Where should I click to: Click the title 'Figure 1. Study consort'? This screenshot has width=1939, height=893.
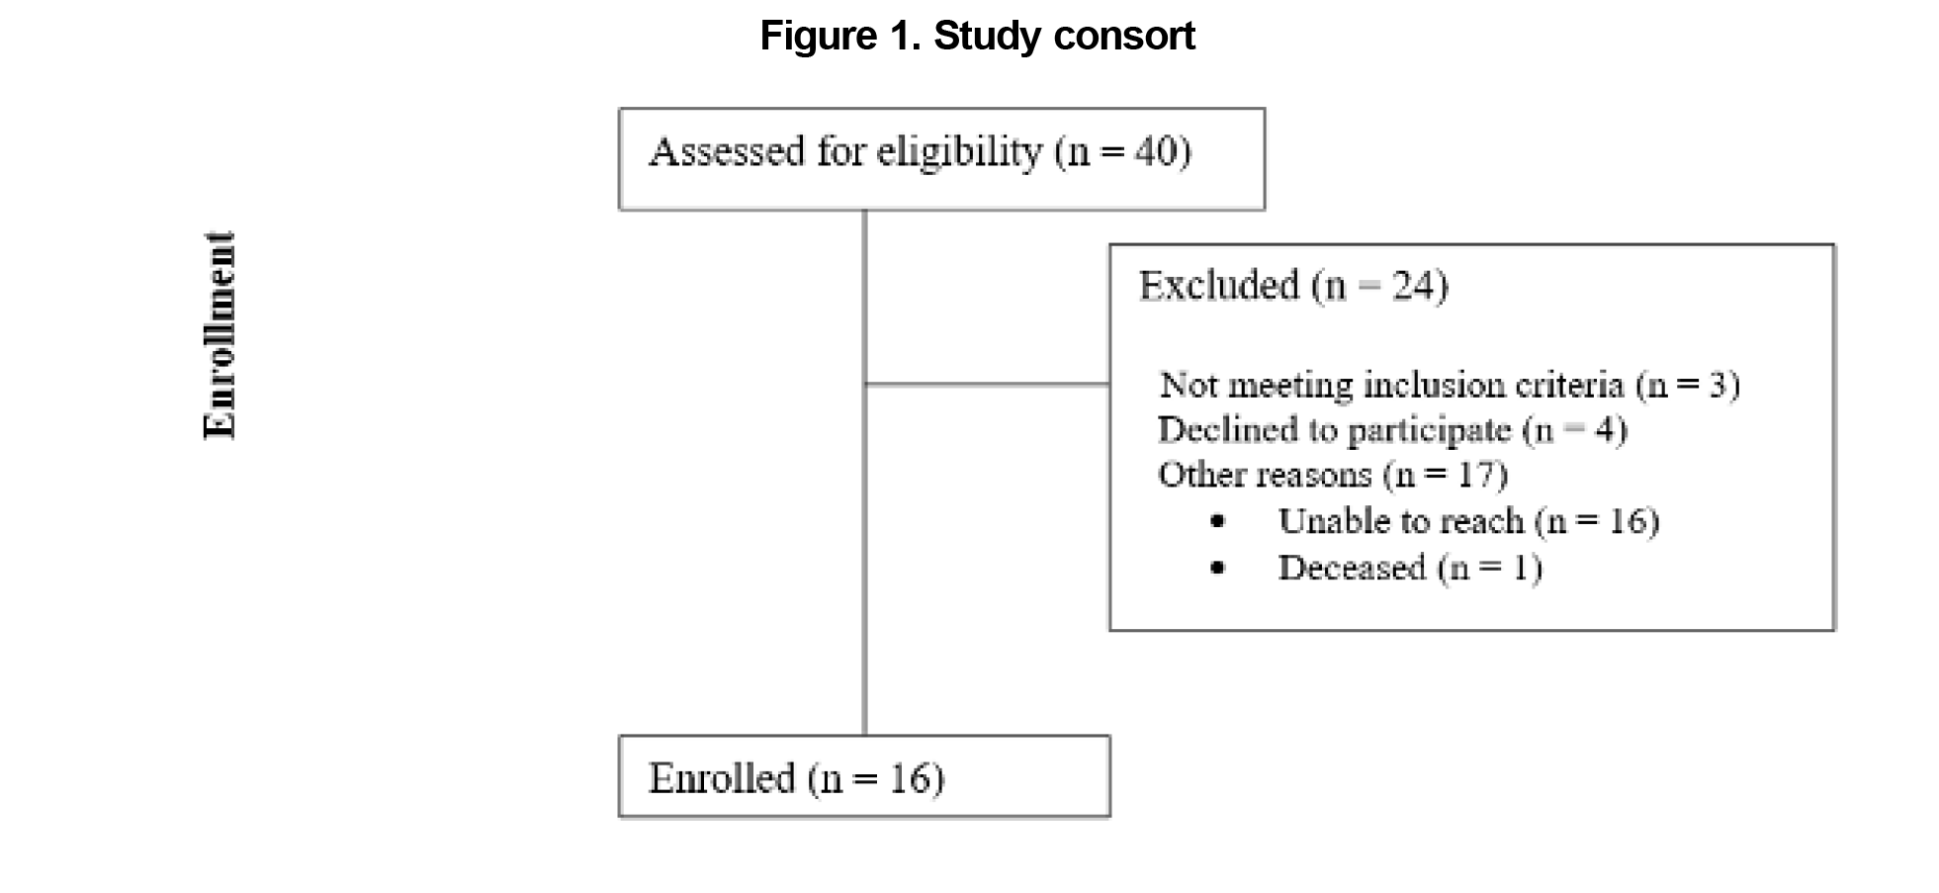tap(977, 37)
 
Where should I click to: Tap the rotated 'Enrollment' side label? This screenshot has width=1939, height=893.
tap(220, 335)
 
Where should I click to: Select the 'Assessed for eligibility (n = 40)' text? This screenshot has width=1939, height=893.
tap(920, 152)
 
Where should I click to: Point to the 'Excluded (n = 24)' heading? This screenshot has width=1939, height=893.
tap(1293, 286)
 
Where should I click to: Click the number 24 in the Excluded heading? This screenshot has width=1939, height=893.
tap(1414, 286)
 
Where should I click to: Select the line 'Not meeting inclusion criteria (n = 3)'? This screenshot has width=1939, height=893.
tap(1450, 384)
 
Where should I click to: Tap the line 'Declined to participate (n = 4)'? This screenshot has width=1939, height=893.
tap(1392, 430)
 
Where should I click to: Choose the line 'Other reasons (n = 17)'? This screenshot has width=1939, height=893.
tap(1333, 475)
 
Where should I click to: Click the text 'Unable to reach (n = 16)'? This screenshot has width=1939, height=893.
tap(1468, 521)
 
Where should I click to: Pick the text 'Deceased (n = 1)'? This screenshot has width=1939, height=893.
tap(1410, 568)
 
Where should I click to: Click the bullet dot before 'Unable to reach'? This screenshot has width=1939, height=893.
tap(1217, 521)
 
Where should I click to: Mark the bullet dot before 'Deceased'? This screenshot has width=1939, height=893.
tap(1217, 568)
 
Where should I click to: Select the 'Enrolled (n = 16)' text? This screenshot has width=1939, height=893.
tap(796, 779)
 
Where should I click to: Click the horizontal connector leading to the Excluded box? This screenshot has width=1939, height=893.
tap(987, 384)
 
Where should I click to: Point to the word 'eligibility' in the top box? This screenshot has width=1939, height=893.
tap(959, 152)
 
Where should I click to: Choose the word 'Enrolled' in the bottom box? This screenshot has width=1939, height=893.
tap(722, 779)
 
